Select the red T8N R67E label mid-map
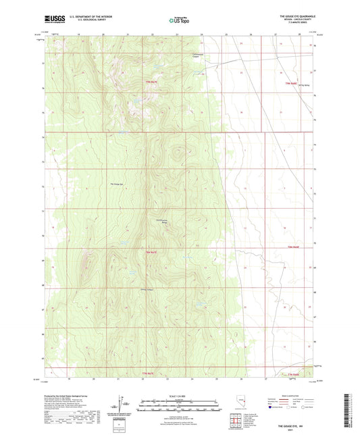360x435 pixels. [155, 252]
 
